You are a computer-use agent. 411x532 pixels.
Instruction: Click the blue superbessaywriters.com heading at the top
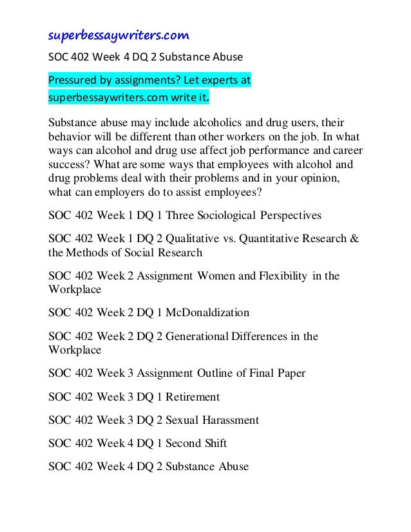point(119,34)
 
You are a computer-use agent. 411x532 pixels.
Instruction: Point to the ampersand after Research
point(354,238)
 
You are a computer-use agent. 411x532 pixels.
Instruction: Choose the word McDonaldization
point(207,313)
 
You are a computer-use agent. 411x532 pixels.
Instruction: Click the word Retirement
point(193,397)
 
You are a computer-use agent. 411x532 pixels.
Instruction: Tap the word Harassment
point(229,420)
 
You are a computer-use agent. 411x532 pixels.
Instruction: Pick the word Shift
point(214,443)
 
